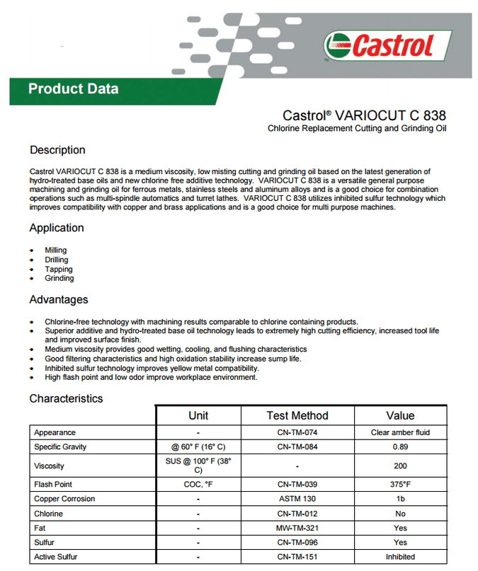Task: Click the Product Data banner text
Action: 73,89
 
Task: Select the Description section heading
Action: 57,150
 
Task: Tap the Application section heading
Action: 57,228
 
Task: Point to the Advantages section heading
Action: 59,299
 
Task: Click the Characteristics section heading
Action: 66,398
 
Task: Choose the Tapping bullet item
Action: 59,269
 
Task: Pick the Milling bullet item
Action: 56,250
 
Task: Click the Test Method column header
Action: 297,415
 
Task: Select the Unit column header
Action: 198,415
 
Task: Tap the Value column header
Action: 400,415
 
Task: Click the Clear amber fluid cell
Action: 400,432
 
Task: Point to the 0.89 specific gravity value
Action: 400,447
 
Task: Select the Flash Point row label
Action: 53,485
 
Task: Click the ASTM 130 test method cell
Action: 297,499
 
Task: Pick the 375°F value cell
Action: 400,485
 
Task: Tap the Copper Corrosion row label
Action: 64,499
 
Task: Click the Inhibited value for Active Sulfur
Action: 400,558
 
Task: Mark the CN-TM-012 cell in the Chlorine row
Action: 297,514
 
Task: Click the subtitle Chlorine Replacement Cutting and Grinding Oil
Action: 357,129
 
